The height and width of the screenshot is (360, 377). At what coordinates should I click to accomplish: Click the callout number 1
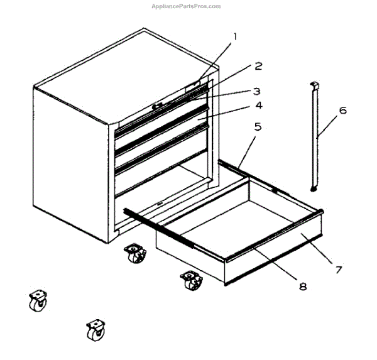[235, 36]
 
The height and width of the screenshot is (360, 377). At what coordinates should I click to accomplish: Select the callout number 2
[258, 66]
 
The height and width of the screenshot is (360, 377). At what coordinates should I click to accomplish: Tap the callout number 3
[257, 90]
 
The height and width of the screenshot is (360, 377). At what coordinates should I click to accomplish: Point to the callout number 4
[258, 106]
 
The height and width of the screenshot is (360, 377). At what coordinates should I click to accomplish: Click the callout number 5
[257, 127]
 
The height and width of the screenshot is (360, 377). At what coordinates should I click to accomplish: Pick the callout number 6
[342, 111]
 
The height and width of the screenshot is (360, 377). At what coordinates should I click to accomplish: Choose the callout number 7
[338, 270]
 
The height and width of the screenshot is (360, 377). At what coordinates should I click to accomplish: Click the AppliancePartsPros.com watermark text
[186, 6]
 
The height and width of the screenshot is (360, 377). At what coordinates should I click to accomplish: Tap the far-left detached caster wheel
[36, 302]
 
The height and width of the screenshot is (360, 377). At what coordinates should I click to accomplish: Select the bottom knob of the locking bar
[314, 187]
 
